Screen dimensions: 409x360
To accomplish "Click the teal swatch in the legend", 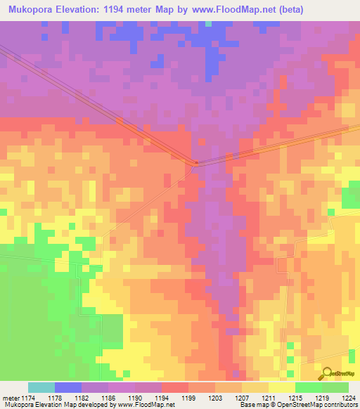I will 41,387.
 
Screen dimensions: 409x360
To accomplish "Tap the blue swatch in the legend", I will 68,387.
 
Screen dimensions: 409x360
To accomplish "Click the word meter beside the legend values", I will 11,397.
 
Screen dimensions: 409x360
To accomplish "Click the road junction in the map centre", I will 195,164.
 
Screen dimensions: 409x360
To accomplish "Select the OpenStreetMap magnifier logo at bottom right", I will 326,374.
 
